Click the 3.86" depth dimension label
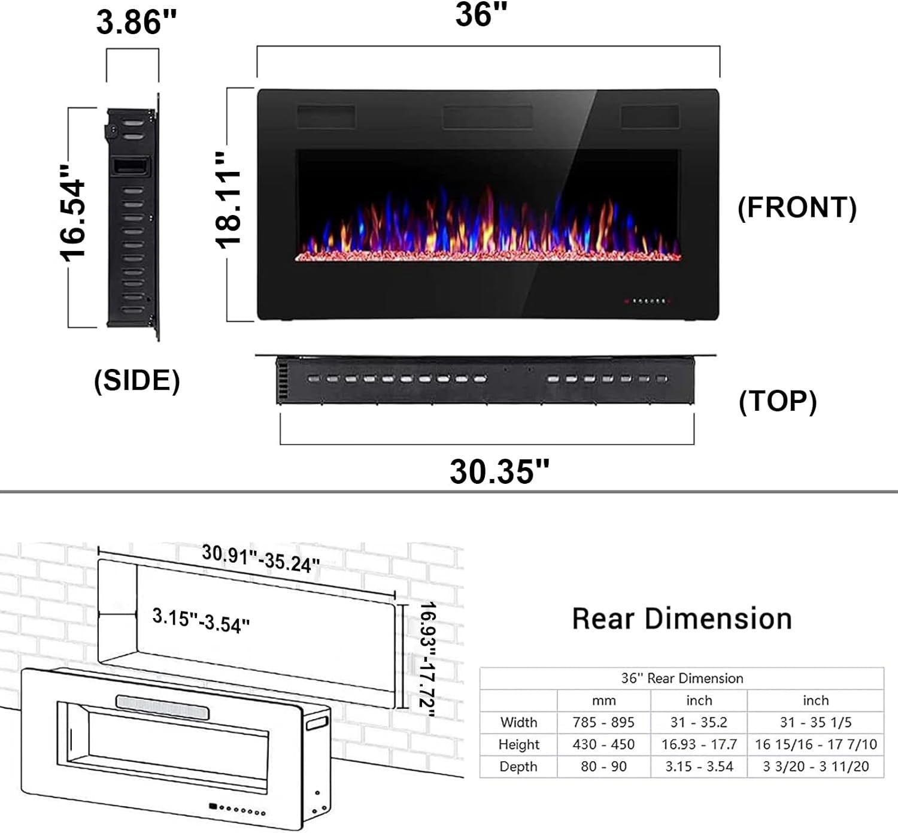136,23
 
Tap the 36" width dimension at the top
481,14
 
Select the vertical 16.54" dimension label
74,213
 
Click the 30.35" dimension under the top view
499,471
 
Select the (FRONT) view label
797,207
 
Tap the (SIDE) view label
137,380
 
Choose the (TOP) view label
777,401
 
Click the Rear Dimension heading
682,619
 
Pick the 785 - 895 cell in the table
603,722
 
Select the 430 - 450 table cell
603,744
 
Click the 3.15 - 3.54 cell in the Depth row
699,767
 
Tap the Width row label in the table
518,722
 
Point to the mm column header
603,700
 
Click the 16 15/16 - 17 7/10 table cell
815,744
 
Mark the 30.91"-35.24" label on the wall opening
260,558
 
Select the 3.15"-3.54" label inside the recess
201,620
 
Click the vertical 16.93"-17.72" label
427,658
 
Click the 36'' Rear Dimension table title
682,678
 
